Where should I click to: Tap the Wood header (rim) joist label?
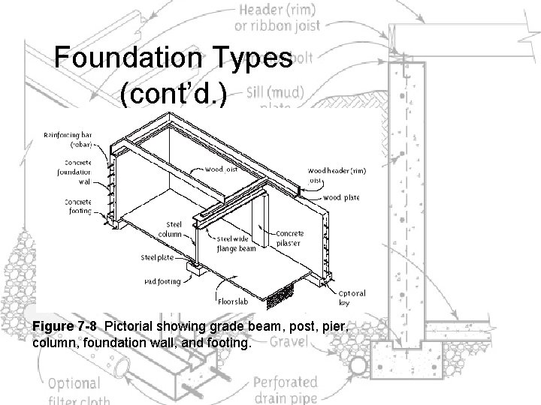(x=334, y=174)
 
